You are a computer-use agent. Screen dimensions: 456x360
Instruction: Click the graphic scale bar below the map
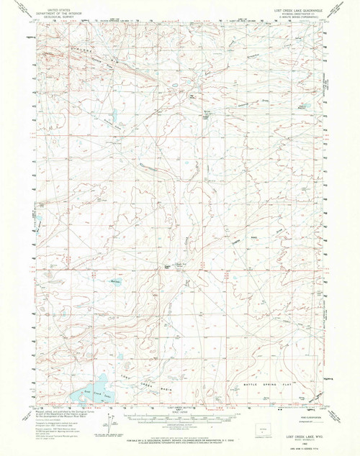click(180, 416)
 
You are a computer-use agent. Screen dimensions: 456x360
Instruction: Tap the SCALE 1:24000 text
click(180, 410)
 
